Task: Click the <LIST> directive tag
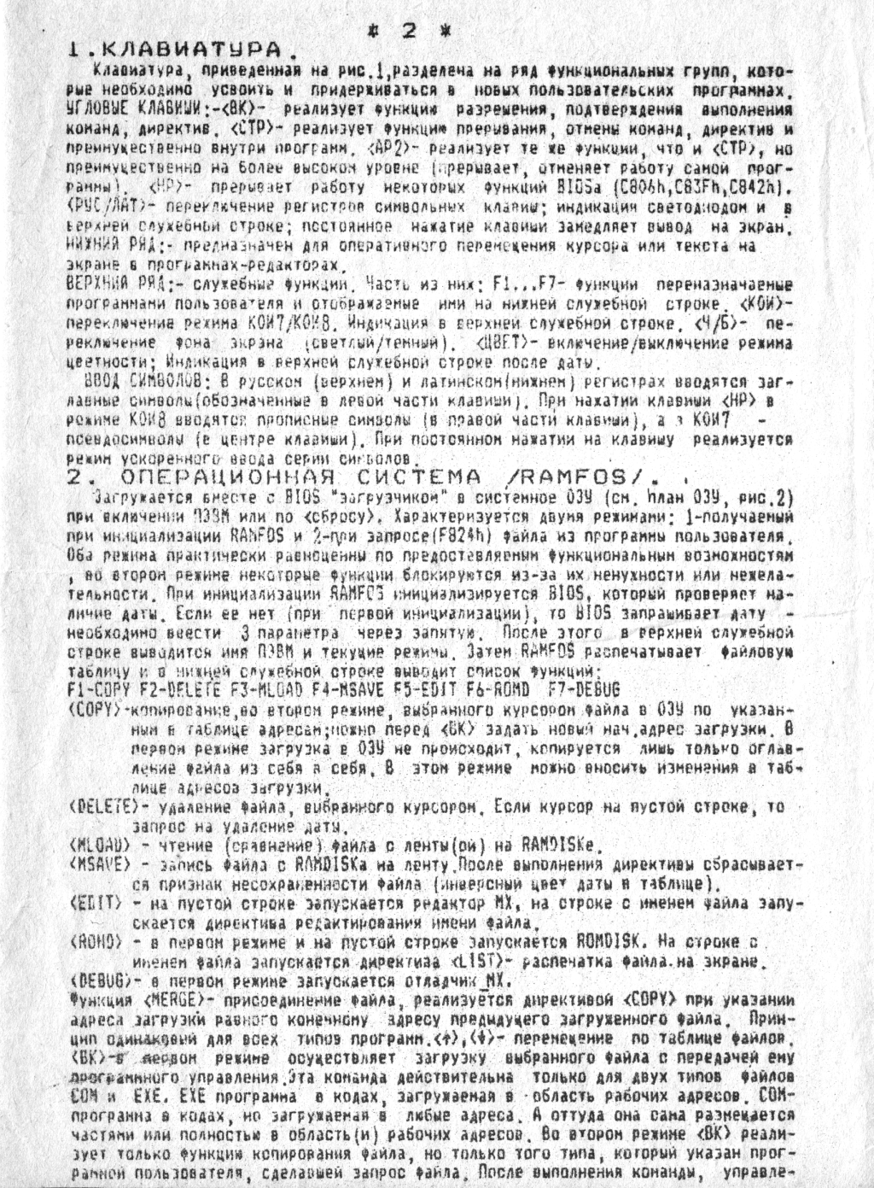tap(487, 961)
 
